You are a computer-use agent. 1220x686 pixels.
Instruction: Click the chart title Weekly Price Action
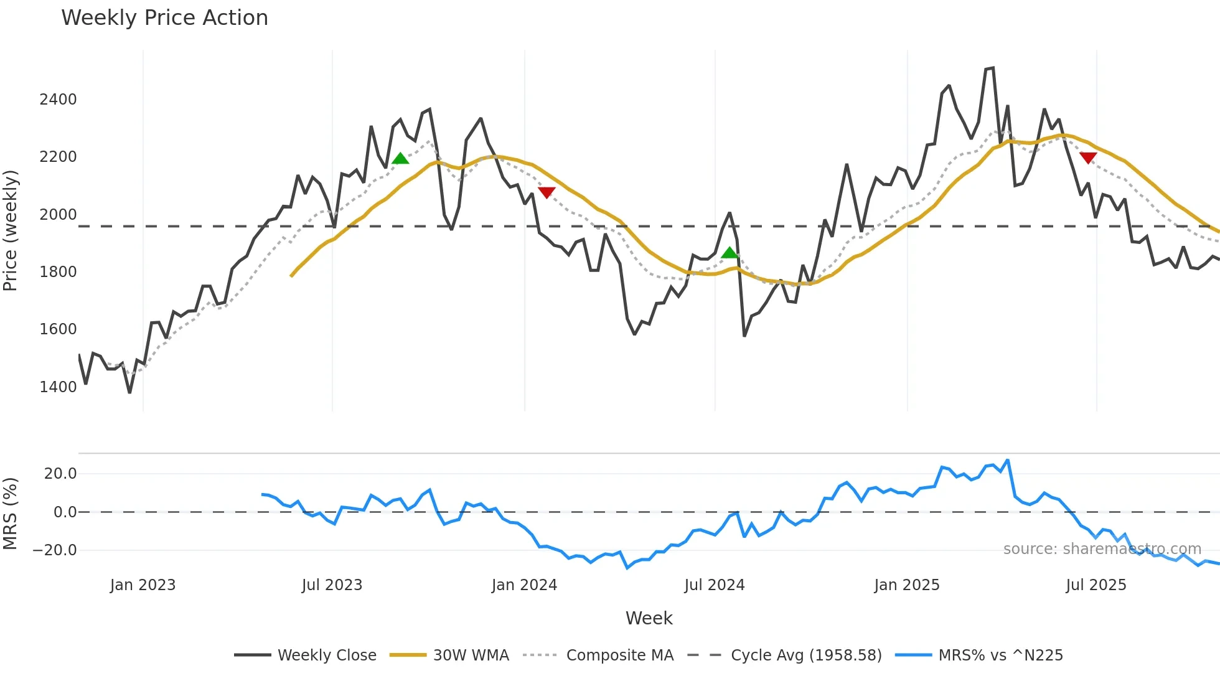[164, 18]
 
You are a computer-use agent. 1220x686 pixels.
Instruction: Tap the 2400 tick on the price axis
[58, 100]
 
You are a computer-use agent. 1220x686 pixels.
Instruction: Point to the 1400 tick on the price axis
[58, 387]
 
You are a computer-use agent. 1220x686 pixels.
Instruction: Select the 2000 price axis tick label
[58, 215]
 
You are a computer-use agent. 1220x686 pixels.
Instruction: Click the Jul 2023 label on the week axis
[332, 585]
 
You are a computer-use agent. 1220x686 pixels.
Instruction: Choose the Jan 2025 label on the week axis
[906, 585]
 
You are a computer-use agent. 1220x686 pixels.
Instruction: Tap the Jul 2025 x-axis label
[1096, 585]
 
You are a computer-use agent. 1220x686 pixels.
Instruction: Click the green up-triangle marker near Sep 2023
[400, 159]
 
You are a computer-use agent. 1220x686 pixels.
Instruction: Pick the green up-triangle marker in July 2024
[729, 253]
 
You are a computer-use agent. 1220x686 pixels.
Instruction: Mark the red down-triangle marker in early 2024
[547, 192]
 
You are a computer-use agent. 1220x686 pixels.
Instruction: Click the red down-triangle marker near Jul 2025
[1088, 157]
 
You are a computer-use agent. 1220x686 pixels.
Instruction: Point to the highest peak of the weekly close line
[992, 68]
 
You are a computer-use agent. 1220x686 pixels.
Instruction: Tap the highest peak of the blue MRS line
[1008, 461]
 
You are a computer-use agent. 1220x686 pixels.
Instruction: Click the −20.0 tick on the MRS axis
[55, 550]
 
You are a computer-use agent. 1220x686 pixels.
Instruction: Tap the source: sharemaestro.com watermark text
[1102, 549]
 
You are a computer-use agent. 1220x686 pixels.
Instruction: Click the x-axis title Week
[649, 618]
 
